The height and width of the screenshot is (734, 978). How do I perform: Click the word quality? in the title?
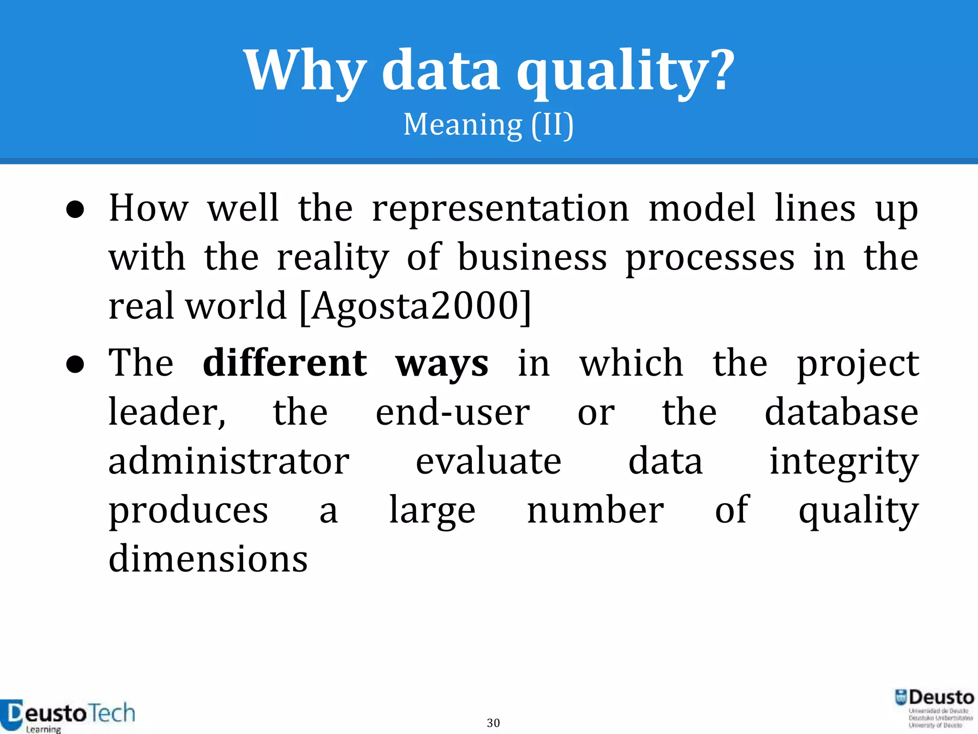[x=625, y=72]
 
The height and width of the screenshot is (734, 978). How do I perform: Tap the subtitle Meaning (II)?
[x=489, y=125]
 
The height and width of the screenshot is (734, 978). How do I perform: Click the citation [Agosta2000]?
[x=415, y=306]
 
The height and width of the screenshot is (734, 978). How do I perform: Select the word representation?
[x=500, y=209]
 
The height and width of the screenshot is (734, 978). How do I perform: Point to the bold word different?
[x=285, y=363]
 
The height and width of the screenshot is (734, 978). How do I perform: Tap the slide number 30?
[x=493, y=723]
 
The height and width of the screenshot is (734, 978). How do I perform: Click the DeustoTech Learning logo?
[x=67, y=715]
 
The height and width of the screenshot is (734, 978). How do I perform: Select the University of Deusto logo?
[x=934, y=708]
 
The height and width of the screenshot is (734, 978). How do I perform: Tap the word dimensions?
[x=208, y=559]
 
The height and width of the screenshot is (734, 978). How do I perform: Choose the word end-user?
[x=452, y=412]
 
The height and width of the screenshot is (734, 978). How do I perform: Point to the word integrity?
[x=844, y=462]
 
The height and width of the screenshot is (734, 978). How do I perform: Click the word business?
[x=532, y=258]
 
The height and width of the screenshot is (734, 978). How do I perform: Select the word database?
[x=841, y=412]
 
